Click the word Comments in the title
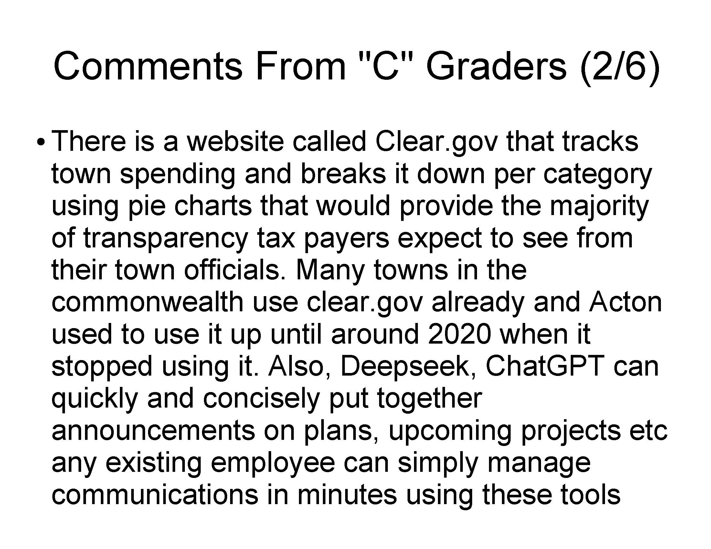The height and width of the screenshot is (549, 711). pyautogui.click(x=148, y=66)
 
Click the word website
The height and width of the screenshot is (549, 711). pyautogui.click(x=235, y=142)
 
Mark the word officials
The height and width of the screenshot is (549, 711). pyautogui.click(x=236, y=270)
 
